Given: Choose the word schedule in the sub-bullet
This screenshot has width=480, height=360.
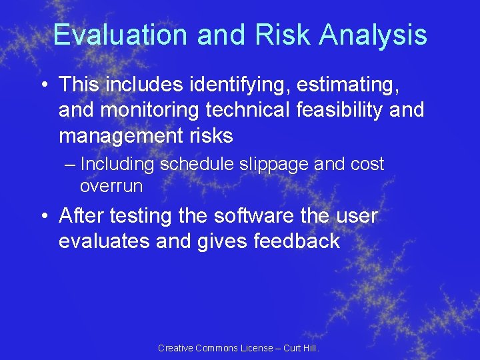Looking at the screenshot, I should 193,165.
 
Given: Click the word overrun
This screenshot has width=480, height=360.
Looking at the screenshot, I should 111,186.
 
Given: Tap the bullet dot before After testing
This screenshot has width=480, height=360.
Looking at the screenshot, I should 44,217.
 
